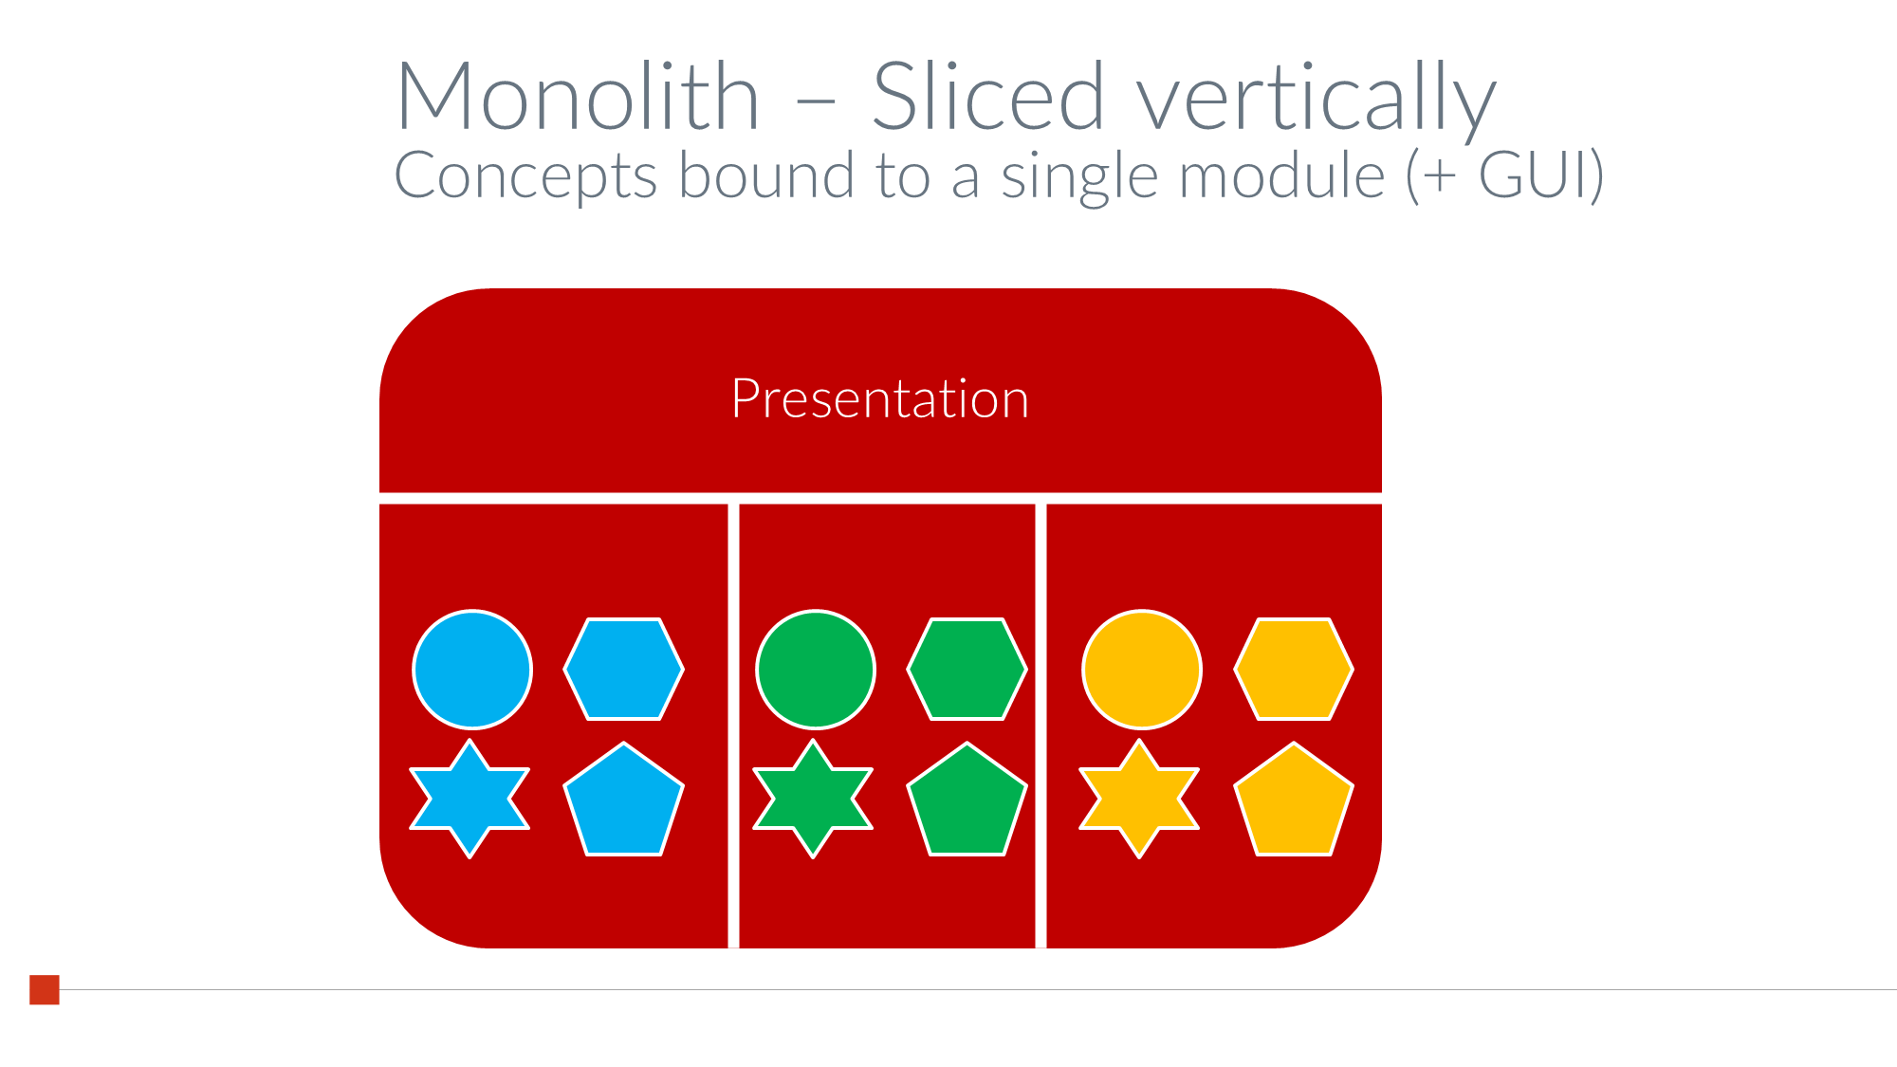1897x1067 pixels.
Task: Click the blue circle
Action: (x=472, y=670)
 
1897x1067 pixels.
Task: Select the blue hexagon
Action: (x=623, y=670)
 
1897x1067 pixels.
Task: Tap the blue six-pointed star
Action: (x=470, y=799)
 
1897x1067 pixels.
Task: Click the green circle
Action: (x=816, y=670)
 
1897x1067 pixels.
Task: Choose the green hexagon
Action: (x=967, y=670)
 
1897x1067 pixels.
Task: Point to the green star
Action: (x=813, y=799)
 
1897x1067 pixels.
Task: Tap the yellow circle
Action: (x=1142, y=670)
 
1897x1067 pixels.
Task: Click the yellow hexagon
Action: (x=1294, y=670)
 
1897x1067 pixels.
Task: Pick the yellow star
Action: (x=1139, y=799)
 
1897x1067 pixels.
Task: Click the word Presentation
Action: (x=880, y=398)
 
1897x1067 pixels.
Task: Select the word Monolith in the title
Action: (x=579, y=96)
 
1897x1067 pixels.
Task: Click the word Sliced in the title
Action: (x=989, y=95)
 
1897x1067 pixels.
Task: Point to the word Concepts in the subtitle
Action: (x=525, y=176)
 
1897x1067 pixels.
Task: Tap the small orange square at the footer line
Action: (x=45, y=989)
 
